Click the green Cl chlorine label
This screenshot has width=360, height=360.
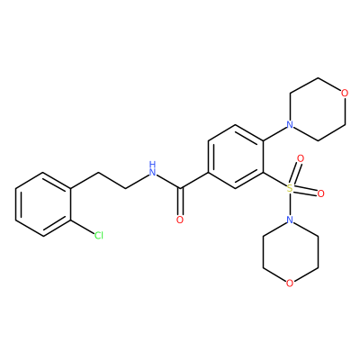pos(99,235)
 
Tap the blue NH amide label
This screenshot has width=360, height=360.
pos(153,168)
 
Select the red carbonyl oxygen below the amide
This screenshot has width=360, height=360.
pos(180,220)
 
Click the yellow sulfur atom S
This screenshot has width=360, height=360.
pos(290,188)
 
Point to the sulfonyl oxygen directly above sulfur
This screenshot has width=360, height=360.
pos(301,157)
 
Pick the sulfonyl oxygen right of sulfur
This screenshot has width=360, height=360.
pos(320,193)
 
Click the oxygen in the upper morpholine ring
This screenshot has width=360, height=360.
pos(345,93)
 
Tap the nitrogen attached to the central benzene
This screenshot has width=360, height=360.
pos(290,124)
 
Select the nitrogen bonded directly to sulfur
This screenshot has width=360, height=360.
pos(290,220)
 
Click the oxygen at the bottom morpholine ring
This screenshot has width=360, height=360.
pos(290,283)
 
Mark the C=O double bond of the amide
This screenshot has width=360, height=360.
pos(180,202)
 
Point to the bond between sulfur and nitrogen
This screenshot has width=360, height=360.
pos(290,204)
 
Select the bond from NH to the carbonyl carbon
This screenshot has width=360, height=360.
pos(169,182)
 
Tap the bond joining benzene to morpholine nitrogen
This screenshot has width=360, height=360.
pos(274,133)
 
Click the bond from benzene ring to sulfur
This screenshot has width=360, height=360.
pos(274,180)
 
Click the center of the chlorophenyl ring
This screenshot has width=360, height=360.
pos(43,204)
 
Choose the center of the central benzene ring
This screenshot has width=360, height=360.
pos(235,157)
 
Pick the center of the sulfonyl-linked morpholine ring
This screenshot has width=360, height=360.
pos(290,252)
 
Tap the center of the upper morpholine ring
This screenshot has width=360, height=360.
pos(318,109)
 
